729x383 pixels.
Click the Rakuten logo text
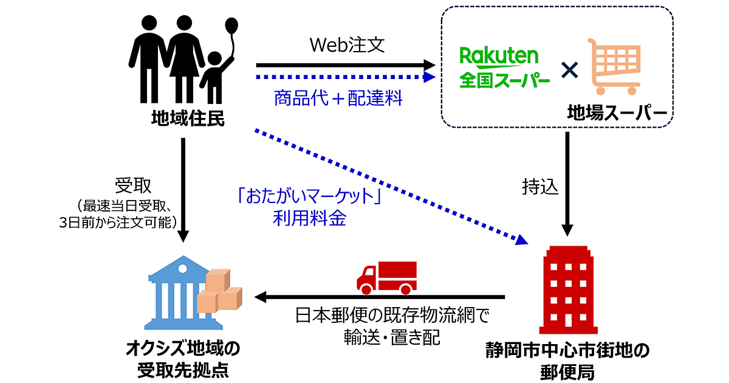tap(499, 57)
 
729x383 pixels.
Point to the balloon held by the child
tap(231, 27)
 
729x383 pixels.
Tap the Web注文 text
tap(347, 46)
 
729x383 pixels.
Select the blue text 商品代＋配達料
tap(338, 98)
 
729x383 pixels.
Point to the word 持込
tap(539, 187)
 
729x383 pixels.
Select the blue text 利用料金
tap(310, 219)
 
